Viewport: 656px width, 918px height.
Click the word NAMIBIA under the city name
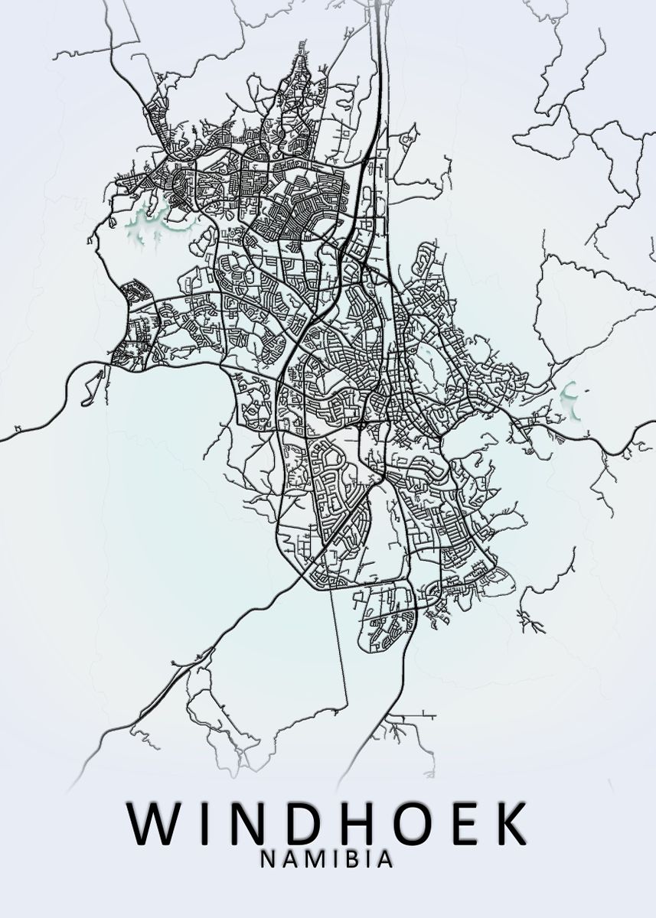[x=328, y=861]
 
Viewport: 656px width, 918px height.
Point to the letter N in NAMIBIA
[x=268, y=861]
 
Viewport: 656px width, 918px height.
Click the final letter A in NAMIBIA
[x=386, y=861]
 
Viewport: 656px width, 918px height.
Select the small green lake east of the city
[x=570, y=398]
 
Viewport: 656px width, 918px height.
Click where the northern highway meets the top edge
[x=377, y=3]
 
